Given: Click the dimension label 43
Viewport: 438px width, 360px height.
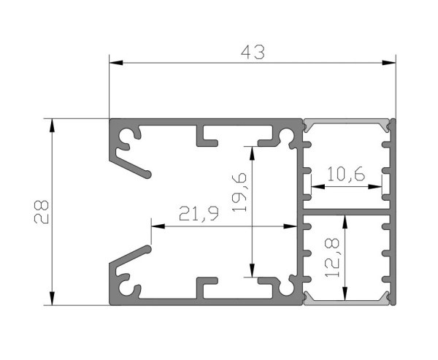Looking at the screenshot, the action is pyautogui.click(x=253, y=53).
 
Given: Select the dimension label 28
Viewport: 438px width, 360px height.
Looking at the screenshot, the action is pyautogui.click(x=42, y=212).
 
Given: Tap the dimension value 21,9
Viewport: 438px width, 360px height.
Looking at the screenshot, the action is pyautogui.click(x=199, y=214).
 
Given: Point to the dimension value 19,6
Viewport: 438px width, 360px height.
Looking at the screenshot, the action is pyautogui.click(x=239, y=192).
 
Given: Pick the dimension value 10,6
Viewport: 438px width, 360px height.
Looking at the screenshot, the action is pyautogui.click(x=346, y=174).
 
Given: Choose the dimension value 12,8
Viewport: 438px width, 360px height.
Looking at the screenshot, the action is pyautogui.click(x=332, y=258).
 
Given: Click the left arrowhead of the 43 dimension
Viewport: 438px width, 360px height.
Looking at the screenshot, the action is pyautogui.click(x=116, y=63).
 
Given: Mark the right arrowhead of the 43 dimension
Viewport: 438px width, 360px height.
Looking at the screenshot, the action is pyautogui.click(x=389, y=63).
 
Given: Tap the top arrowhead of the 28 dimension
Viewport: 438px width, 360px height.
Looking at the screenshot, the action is pyautogui.click(x=52, y=126).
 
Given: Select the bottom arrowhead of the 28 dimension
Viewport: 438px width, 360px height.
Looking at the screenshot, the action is pyautogui.click(x=52, y=298).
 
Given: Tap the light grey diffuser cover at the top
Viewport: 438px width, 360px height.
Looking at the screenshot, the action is pyautogui.click(x=347, y=122).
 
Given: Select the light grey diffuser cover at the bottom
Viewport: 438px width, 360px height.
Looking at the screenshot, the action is pyautogui.click(x=347, y=302).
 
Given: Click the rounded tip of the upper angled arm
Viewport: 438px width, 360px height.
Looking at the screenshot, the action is pyautogui.click(x=148, y=175).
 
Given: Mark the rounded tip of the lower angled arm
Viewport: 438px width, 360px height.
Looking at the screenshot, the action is pyautogui.click(x=148, y=249).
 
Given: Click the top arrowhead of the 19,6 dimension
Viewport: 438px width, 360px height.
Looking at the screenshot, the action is pyautogui.click(x=253, y=153).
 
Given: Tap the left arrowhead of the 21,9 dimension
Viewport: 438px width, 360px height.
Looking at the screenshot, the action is pyautogui.click(x=158, y=226).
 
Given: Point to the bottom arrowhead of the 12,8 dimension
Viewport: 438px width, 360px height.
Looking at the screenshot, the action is pyautogui.click(x=345, y=294).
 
